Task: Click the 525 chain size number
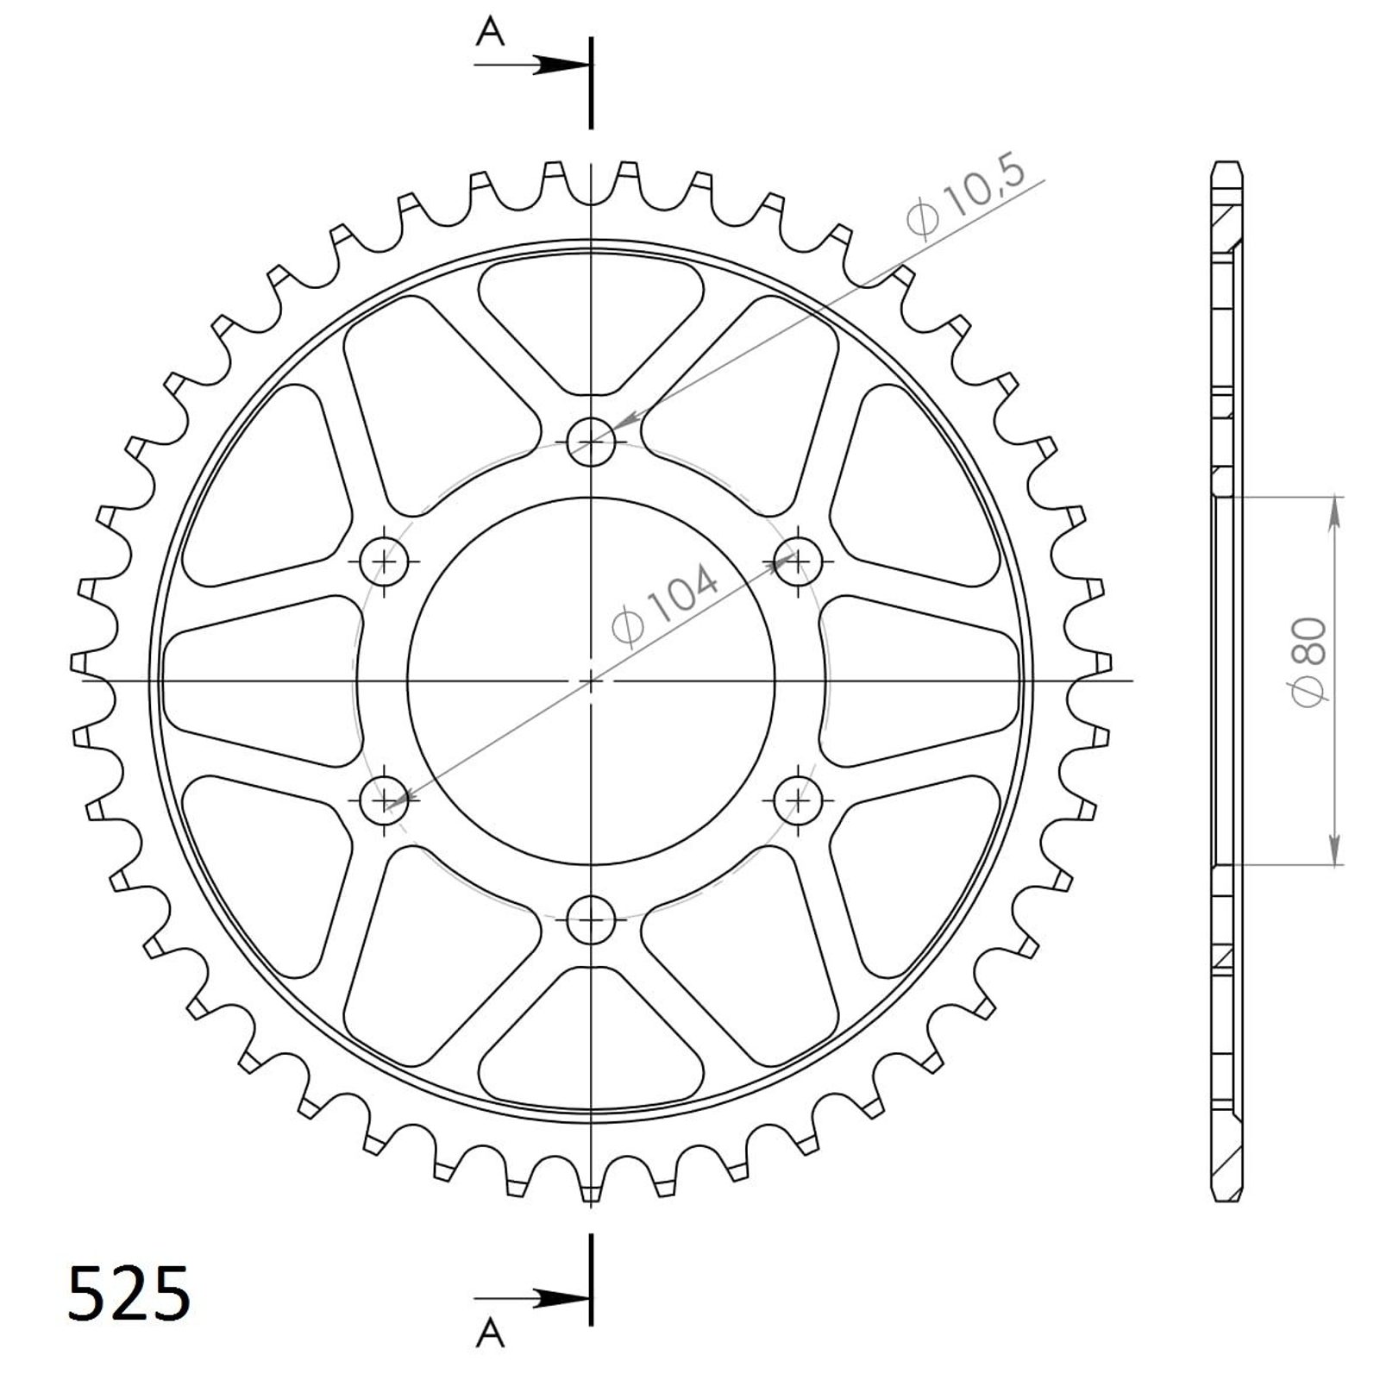[x=129, y=1294]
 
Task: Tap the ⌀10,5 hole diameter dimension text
[x=966, y=197]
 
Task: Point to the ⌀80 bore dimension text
[x=1308, y=662]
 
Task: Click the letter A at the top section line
[x=491, y=33]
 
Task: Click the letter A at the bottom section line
[x=491, y=1333]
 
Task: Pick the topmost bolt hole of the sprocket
[x=591, y=442]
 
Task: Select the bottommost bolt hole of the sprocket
[x=591, y=920]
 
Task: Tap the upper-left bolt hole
[x=384, y=561]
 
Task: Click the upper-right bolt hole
[x=798, y=561]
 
